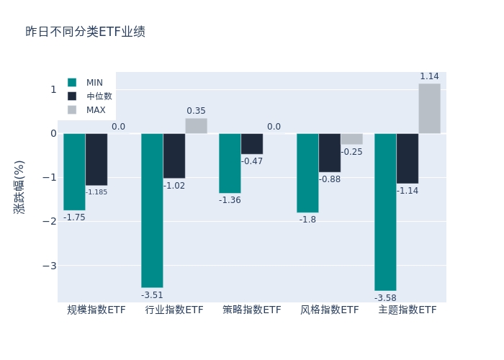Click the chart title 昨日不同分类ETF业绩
(x=85, y=32)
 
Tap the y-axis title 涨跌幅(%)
(x=19, y=187)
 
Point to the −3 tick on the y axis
(x=52, y=266)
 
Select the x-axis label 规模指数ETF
(x=96, y=310)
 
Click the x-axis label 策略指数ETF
(x=252, y=310)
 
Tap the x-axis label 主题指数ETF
(x=408, y=310)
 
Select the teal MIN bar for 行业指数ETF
(x=152, y=210)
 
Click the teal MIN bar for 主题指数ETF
(x=385, y=212)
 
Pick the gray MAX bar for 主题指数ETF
(x=429, y=109)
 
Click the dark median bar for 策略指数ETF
(x=252, y=144)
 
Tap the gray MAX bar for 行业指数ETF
(x=196, y=126)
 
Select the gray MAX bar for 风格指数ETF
(x=351, y=139)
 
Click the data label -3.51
(x=152, y=295)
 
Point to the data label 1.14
(x=429, y=76)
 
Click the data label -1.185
(x=96, y=192)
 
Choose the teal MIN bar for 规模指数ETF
(x=74, y=171)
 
